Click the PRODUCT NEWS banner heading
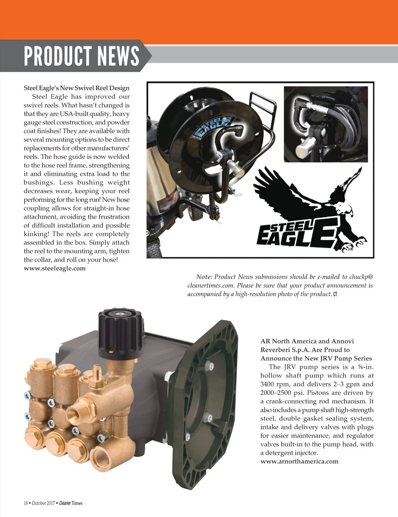(81, 55)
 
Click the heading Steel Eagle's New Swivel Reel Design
(77, 88)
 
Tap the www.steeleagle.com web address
(55, 268)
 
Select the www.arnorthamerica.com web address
(299, 461)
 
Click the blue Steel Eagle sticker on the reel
(213, 129)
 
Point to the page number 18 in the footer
(26, 503)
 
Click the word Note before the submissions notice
(204, 277)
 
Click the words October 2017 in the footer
(43, 503)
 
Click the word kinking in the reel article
(35, 234)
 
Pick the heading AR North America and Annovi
(307, 341)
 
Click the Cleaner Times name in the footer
(71, 503)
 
